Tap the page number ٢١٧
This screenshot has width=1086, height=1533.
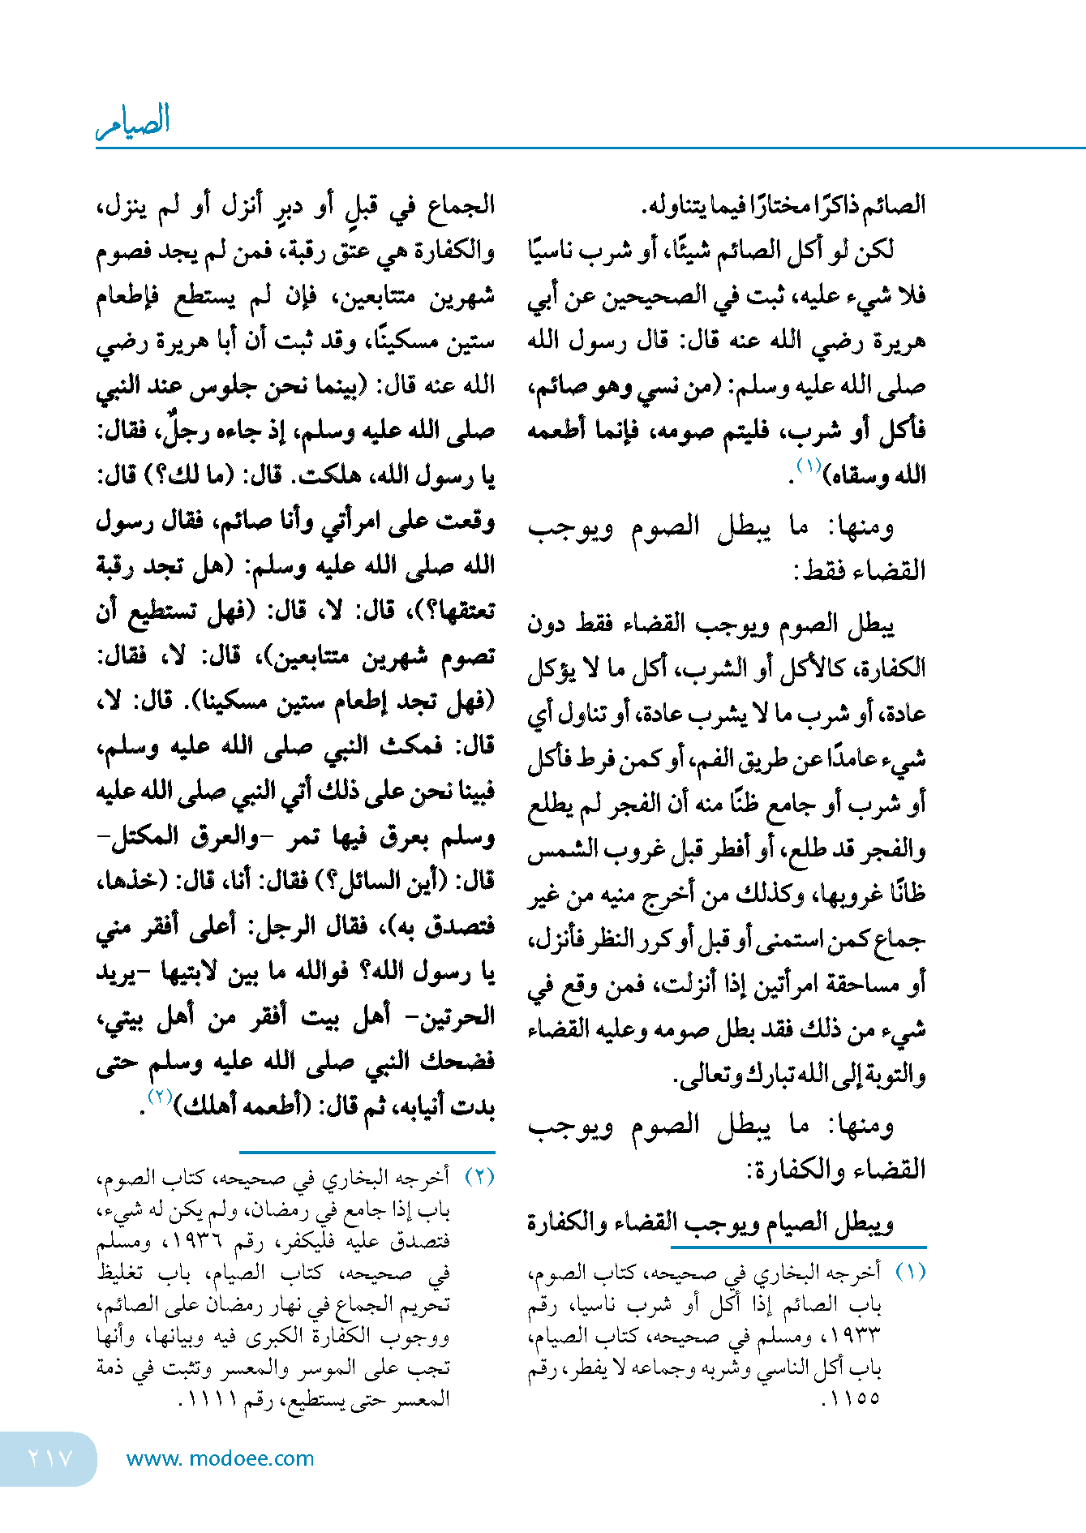point(50,1458)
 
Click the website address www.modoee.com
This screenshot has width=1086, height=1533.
point(220,1458)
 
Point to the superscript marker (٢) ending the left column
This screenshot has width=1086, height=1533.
point(159,1097)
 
